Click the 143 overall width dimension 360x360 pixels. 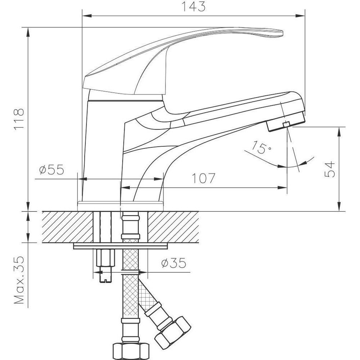click(x=194, y=6)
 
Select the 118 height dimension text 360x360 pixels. click(x=19, y=119)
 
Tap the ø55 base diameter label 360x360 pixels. click(x=52, y=170)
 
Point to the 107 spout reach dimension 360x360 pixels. click(x=203, y=178)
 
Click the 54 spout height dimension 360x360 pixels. click(x=330, y=169)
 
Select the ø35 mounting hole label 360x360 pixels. click(x=174, y=263)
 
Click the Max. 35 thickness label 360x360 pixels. click(x=19, y=280)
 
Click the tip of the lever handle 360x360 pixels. click(x=282, y=33)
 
